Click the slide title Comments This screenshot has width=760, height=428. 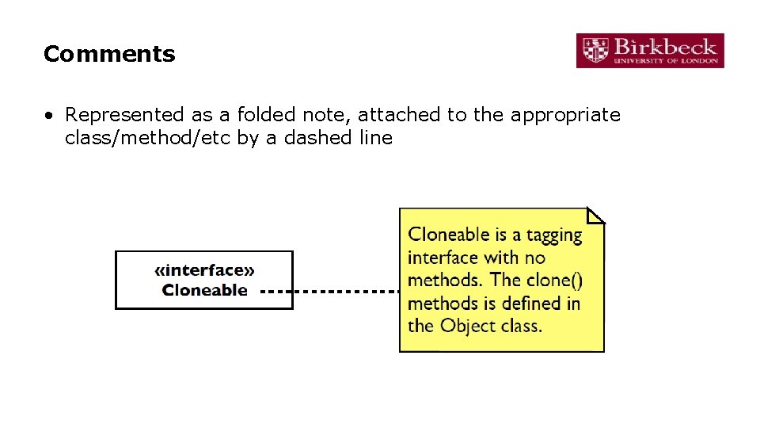coord(109,54)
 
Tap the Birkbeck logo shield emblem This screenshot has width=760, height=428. coord(595,50)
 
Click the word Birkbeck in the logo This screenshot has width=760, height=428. coord(665,45)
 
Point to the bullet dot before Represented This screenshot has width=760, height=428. coord(49,116)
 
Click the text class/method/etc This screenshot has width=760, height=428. coord(148,138)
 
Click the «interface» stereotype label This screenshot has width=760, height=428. coord(204,271)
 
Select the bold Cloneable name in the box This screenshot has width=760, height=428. coord(205,290)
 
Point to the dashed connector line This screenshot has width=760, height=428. coord(329,291)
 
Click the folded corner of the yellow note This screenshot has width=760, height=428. coord(596,215)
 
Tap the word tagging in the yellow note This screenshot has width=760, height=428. coord(553,235)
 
